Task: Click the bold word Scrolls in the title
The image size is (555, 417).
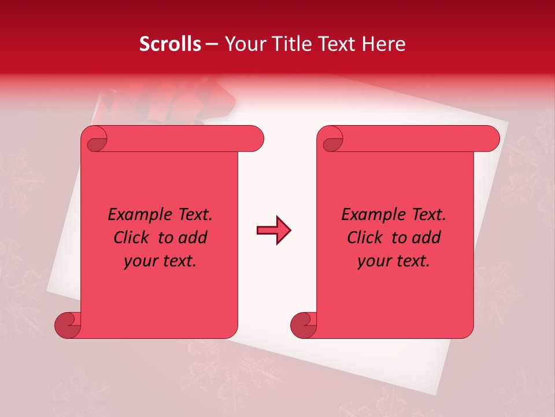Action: coord(170,44)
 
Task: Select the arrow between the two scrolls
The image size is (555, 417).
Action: coord(273,231)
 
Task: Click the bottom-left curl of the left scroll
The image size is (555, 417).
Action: coord(67,325)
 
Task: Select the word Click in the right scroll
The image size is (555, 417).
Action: coord(365,237)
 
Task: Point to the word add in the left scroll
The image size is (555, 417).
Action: coord(193,237)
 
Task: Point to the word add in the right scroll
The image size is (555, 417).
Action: coord(427,237)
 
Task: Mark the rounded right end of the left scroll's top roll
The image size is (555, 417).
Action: coord(254,139)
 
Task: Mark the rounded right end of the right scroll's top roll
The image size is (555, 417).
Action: coord(490,139)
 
